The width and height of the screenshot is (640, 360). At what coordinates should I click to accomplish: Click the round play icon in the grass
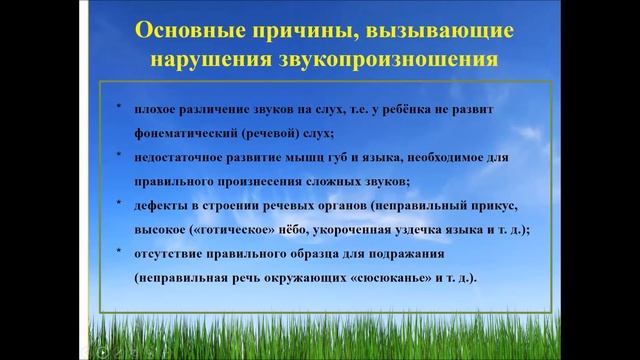click(101, 351)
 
